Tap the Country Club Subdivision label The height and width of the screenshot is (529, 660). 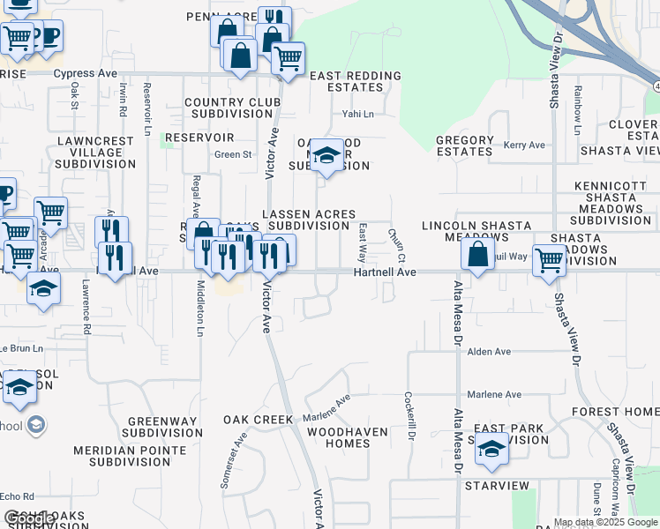232,108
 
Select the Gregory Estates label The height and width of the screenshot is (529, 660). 464,145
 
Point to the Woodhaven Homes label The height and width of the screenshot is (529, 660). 338,437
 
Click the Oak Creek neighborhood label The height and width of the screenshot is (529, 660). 257,419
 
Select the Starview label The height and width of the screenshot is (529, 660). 496,486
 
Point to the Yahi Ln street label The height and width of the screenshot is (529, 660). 358,114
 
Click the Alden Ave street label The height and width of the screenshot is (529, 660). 490,351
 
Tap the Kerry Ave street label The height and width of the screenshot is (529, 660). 524,145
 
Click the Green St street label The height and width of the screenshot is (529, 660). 233,154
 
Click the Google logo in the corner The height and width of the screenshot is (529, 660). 29,518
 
